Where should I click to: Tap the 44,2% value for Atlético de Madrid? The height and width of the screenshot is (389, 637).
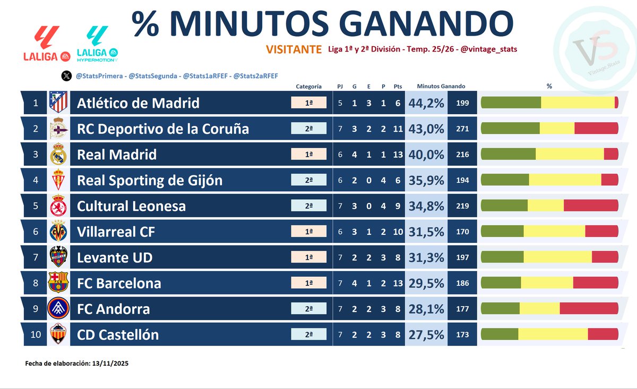click(426, 103)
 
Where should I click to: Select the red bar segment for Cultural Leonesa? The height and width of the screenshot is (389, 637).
click(591, 206)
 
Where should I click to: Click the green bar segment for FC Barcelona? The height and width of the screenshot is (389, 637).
click(501, 283)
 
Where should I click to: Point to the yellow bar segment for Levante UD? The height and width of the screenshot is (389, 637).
click(557, 257)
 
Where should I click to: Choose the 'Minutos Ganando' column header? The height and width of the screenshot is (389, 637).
click(441, 86)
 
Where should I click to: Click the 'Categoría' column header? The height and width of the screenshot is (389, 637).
click(308, 86)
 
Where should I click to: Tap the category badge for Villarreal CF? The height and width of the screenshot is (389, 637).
click(308, 232)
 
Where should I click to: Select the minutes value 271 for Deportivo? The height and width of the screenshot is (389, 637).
click(462, 129)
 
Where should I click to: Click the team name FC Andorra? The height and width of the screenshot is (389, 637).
click(113, 309)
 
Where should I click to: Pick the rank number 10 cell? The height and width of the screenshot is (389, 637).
click(36, 334)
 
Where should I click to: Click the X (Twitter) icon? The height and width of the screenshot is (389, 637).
click(66, 76)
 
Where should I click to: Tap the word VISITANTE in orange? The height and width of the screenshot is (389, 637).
click(294, 49)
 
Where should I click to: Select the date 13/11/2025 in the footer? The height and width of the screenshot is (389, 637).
click(110, 364)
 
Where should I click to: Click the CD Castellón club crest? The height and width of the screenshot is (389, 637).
click(58, 334)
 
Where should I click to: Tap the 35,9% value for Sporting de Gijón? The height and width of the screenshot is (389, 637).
click(426, 180)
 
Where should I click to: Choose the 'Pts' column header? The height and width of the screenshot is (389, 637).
click(398, 86)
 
